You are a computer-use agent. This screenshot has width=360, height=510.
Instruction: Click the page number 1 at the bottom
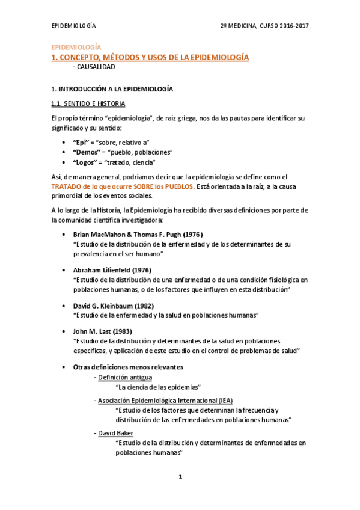tap(180, 477)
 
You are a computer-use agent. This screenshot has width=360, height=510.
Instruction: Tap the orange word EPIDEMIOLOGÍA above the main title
tap(75, 47)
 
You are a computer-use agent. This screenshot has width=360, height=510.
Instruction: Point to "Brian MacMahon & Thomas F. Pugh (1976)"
tap(138, 234)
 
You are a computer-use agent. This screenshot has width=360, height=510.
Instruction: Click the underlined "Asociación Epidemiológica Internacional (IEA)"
tap(165, 400)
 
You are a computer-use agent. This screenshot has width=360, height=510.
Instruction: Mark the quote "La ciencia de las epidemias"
tap(157, 387)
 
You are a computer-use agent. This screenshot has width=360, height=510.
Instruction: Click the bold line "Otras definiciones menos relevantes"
tap(127, 367)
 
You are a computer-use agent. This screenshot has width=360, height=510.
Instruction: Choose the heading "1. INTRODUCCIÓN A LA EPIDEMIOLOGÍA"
tap(112, 89)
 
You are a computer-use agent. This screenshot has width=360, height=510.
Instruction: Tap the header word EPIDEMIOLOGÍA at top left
tap(73, 26)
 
